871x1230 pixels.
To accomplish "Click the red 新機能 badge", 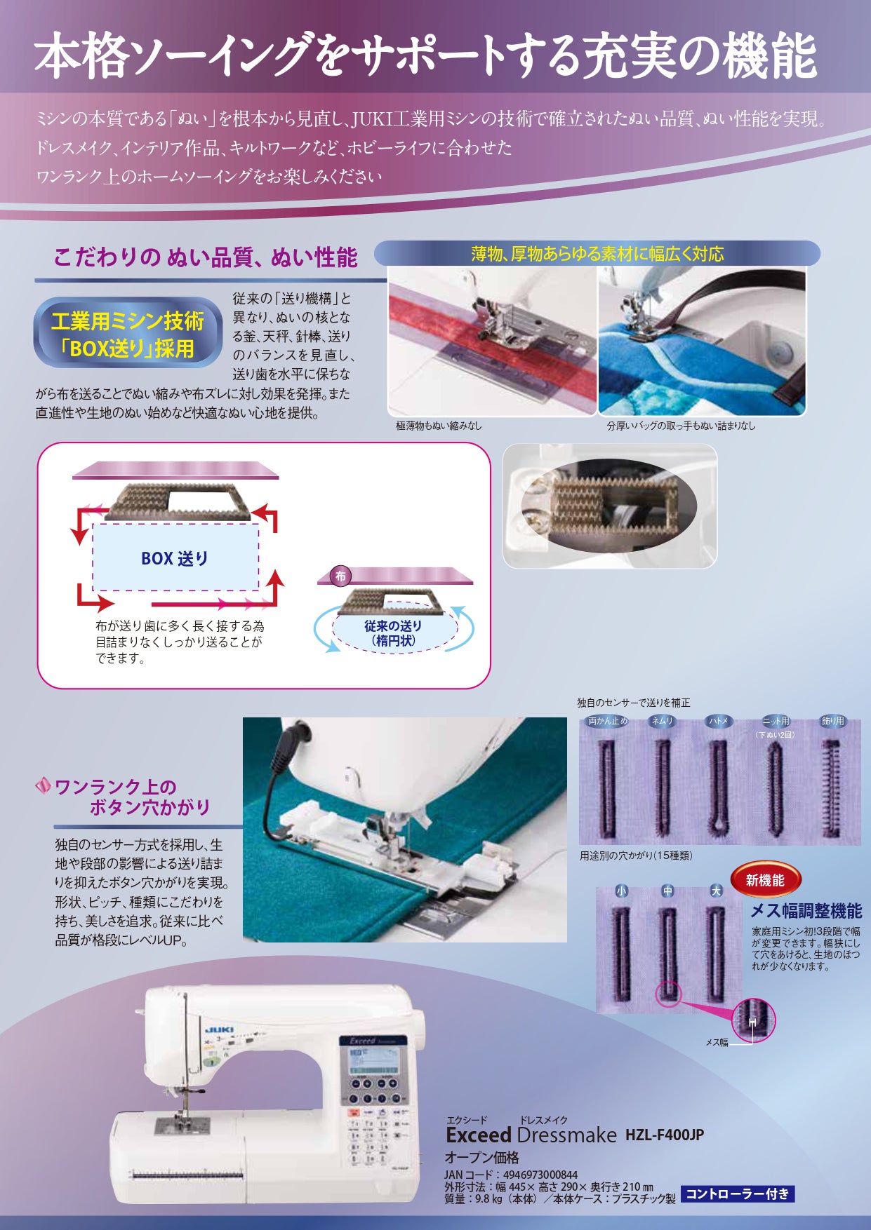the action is tap(765, 880).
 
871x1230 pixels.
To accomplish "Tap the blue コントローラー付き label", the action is tap(738, 1194).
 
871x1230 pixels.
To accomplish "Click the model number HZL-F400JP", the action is tap(664, 1134).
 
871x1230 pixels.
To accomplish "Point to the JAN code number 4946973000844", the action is tap(540, 1175).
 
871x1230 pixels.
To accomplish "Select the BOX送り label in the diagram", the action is tap(175, 558).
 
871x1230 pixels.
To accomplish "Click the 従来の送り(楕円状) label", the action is tap(393, 633).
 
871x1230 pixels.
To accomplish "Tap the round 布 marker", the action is tap(340, 576).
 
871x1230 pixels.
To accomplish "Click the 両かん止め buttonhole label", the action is tap(608, 721).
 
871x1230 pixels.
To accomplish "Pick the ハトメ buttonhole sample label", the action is tap(718, 721).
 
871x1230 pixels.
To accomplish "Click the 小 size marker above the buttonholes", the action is tap(621, 891).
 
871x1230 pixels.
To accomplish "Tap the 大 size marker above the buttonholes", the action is tap(716, 891).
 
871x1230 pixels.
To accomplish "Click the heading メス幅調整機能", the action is tap(806, 911).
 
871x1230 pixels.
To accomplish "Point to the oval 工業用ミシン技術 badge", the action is tap(128, 333).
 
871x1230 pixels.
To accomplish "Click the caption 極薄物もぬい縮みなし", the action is tap(439, 426).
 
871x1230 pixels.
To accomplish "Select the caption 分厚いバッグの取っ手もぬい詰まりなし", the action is tap(681, 426).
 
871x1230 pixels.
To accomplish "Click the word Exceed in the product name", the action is tap(479, 1134).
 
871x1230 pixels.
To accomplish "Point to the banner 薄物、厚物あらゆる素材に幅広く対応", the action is tap(597, 254).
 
